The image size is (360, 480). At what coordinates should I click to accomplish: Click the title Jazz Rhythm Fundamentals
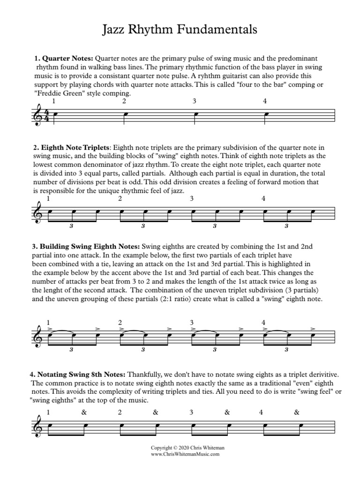pos(180,30)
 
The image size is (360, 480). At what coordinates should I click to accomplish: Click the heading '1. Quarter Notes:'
pos(63,59)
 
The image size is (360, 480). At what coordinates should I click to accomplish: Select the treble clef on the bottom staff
pos(37,428)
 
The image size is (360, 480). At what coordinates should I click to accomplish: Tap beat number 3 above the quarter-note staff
pos(194,101)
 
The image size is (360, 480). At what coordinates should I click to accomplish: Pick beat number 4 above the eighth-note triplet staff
pos(263,199)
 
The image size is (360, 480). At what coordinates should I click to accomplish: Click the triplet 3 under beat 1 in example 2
pos(71,226)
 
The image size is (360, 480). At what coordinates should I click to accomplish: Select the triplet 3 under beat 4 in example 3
pos(286,349)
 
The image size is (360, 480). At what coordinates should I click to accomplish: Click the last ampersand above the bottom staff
pos(296,412)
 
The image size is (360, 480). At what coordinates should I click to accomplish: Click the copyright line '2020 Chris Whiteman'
pos(180,448)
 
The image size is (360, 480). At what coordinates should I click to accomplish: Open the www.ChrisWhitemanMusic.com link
pos(180,454)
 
